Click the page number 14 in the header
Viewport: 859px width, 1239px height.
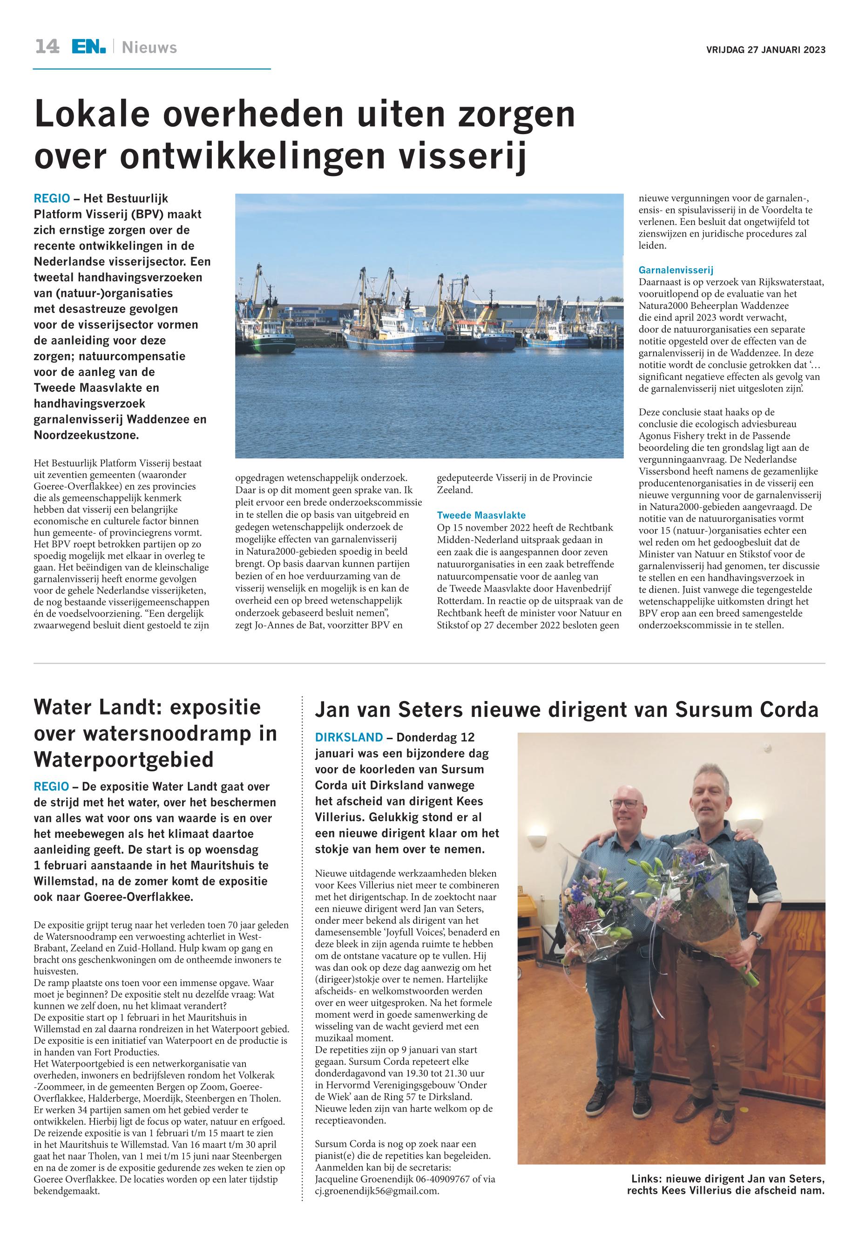click(47, 48)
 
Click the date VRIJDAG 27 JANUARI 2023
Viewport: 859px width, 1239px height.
click(765, 50)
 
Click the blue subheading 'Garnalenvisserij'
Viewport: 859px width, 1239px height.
click(676, 270)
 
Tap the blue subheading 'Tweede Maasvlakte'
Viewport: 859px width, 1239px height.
click(481, 515)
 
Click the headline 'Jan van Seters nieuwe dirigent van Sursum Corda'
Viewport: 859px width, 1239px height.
click(566, 710)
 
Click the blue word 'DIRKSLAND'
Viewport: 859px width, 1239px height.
click(349, 737)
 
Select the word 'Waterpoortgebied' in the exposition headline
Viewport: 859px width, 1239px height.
click(124, 759)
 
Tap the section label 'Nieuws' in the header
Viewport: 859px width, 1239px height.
click(149, 48)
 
